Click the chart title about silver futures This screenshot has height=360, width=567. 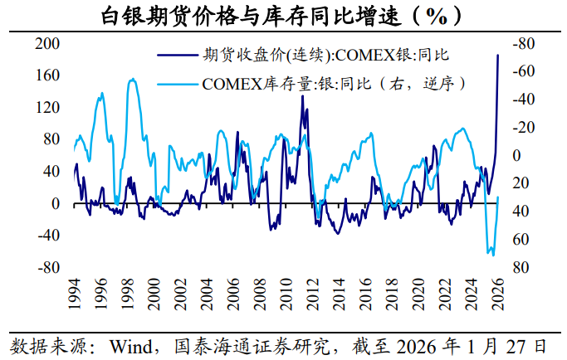pyautogui.click(x=281, y=16)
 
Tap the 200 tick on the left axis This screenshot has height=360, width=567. pyautogui.click(x=47, y=43)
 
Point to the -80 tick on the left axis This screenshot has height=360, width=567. pyautogui.click(x=48, y=267)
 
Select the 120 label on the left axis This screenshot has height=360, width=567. pyautogui.click(x=47, y=107)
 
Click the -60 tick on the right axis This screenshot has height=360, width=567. pyautogui.click(x=524, y=71)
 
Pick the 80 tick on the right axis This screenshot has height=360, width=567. pyautogui.click(x=521, y=267)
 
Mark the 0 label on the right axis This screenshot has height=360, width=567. pyautogui.click(x=516, y=155)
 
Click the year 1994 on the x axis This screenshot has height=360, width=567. pyautogui.click(x=74, y=294)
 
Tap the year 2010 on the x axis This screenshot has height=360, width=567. pyautogui.click(x=286, y=294)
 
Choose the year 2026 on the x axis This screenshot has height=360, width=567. pyautogui.click(x=497, y=294)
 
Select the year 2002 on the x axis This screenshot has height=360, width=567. pyautogui.click(x=179, y=294)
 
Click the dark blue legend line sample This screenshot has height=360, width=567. pyautogui.click(x=178, y=56)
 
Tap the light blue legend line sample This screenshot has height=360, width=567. pyautogui.click(x=178, y=85)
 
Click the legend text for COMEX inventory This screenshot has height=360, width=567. pyautogui.click(x=334, y=85)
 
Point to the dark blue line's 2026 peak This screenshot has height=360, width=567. pyautogui.click(x=497, y=56)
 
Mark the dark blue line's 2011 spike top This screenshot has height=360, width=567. pyautogui.click(x=302, y=95)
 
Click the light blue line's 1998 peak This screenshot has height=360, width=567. pyautogui.click(x=133, y=79)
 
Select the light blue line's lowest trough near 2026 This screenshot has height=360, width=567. pyautogui.click(x=493, y=255)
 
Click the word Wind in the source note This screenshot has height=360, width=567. pyautogui.click(x=131, y=347)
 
